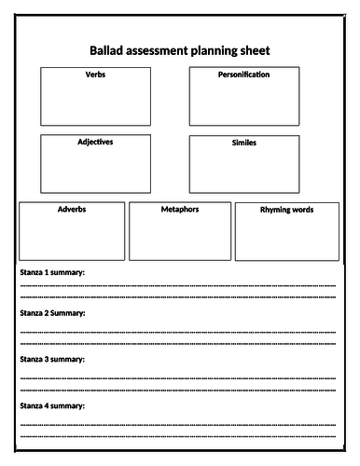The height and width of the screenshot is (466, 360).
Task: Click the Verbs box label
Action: [95, 75]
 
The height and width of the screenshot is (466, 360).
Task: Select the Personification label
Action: [243, 75]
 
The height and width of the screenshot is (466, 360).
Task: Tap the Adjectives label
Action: [95, 143]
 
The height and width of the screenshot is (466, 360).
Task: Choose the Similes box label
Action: [243, 144]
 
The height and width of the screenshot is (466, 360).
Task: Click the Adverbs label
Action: [71, 210]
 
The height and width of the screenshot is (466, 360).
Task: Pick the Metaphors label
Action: [179, 210]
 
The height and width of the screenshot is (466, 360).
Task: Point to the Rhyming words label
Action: [286, 211]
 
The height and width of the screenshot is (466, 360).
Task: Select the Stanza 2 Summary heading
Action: [52, 313]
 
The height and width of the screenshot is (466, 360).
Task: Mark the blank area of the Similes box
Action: [243, 171]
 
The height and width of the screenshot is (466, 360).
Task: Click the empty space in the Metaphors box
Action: [179, 238]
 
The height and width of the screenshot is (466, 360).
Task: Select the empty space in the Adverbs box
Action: [71, 238]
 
